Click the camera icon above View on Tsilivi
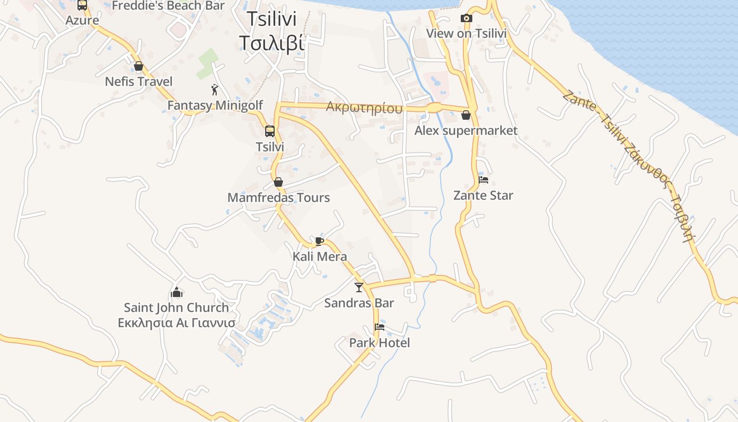pos(466,18)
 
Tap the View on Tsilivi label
pos(466,34)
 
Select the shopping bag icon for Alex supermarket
pos(466,115)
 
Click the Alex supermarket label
pos(466,131)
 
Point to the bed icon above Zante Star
pos(483,180)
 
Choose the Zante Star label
pos(483,196)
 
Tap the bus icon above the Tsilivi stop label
pos(270,131)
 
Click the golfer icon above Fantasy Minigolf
pos(215,90)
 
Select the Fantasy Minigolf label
pos(215,105)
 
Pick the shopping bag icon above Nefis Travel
pos(139,66)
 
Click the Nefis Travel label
pos(139,82)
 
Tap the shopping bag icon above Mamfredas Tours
pos(278,182)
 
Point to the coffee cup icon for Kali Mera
pos(319,241)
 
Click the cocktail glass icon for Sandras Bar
pos(359,287)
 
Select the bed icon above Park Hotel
pos(379,327)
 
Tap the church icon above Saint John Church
pos(177,292)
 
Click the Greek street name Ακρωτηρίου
pos(364,108)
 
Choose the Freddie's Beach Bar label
pos(168,6)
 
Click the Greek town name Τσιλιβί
pos(271,43)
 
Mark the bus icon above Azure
pos(82,5)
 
